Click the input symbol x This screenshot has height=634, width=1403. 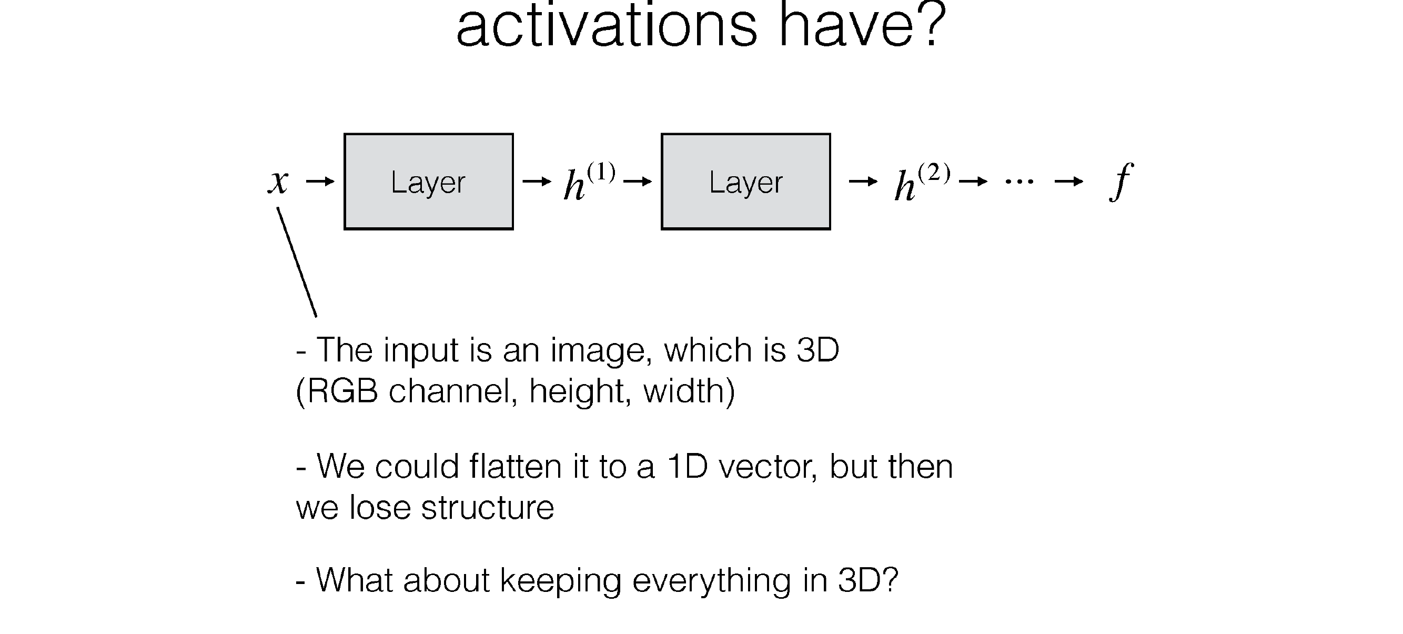pyautogui.click(x=278, y=182)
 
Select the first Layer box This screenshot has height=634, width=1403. pyautogui.click(x=429, y=182)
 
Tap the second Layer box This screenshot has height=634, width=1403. pyautogui.click(x=745, y=182)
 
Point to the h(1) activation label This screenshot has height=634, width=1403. pyautogui.click(x=589, y=182)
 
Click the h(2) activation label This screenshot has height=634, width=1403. pyautogui.click(x=922, y=182)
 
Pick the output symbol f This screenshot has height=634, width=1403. pyautogui.click(x=1121, y=182)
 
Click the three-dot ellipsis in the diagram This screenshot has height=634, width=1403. pyautogui.click(x=1019, y=182)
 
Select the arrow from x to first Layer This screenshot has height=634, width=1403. pyautogui.click(x=320, y=182)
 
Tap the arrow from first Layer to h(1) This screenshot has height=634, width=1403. pyautogui.click(x=537, y=182)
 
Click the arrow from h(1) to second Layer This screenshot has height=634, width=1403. pyautogui.click(x=637, y=182)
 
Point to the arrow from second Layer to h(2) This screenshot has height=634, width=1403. pyautogui.click(x=863, y=182)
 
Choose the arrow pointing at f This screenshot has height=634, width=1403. pyautogui.click(x=1069, y=182)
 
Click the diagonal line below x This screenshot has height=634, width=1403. pyautogui.click(x=297, y=262)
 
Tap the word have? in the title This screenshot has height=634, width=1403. pyautogui.click(x=863, y=24)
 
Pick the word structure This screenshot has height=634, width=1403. pyautogui.click(x=488, y=508)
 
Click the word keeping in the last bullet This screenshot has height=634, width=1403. pyautogui.click(x=560, y=581)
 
